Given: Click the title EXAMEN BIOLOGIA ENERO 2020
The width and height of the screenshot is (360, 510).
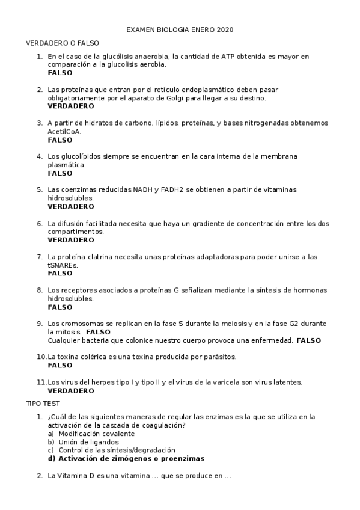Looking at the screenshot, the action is coord(180,29).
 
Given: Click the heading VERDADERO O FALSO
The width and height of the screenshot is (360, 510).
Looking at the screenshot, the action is coord(63,43).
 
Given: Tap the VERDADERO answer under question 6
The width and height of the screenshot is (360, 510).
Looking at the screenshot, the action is coord(70,239).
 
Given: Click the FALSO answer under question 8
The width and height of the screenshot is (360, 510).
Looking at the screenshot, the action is coord(59,307).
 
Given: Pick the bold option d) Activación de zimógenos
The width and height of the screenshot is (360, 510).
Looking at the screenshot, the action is coord(126,458).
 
